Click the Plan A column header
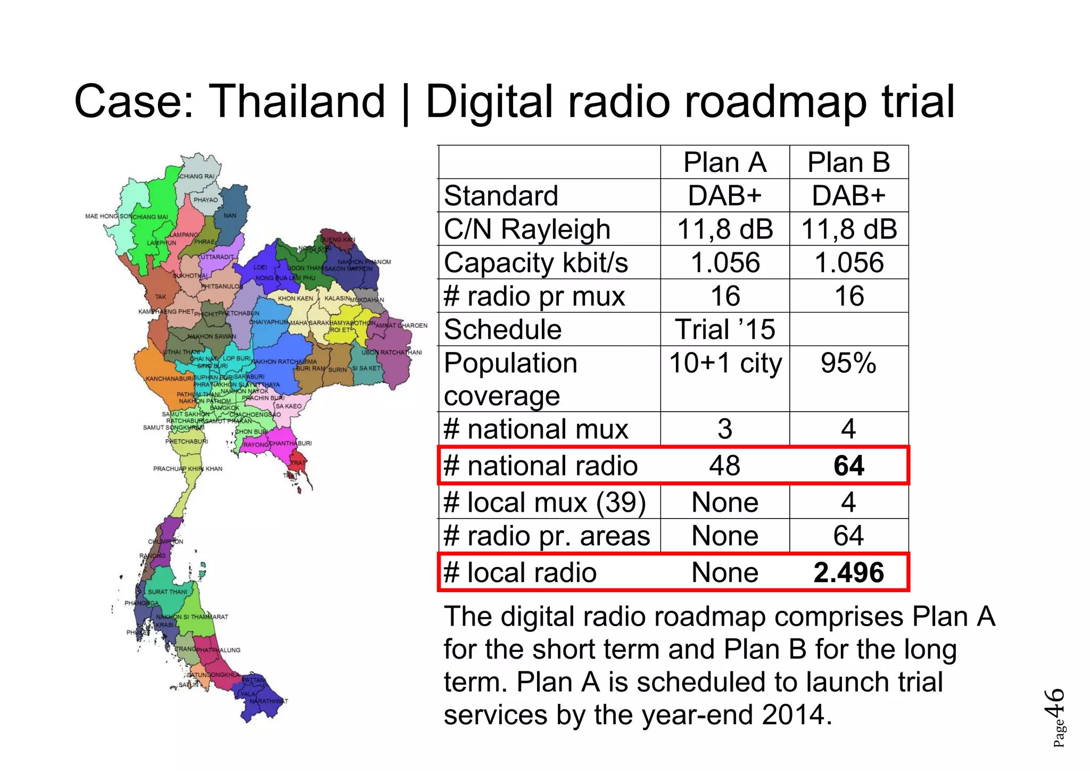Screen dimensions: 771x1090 (724, 162)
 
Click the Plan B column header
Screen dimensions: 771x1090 (848, 162)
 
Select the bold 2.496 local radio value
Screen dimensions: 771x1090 (848, 573)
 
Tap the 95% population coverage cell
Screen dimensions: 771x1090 (848, 364)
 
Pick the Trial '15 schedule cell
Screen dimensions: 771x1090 (724, 330)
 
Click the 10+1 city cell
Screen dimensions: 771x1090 (725, 364)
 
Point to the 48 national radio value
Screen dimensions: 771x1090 (724, 466)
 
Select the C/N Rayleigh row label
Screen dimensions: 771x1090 (527, 229)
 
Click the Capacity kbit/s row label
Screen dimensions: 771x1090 (536, 263)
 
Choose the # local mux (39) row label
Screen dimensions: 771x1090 (544, 503)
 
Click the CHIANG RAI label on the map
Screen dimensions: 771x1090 (196, 176)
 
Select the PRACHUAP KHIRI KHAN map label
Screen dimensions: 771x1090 (188, 469)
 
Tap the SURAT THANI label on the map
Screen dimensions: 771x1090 (167, 592)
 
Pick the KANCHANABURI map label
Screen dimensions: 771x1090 (169, 379)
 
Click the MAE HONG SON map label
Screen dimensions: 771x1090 (109, 216)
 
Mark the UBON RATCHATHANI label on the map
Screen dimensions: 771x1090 (392, 352)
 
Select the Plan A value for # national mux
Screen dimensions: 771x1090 (724, 429)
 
